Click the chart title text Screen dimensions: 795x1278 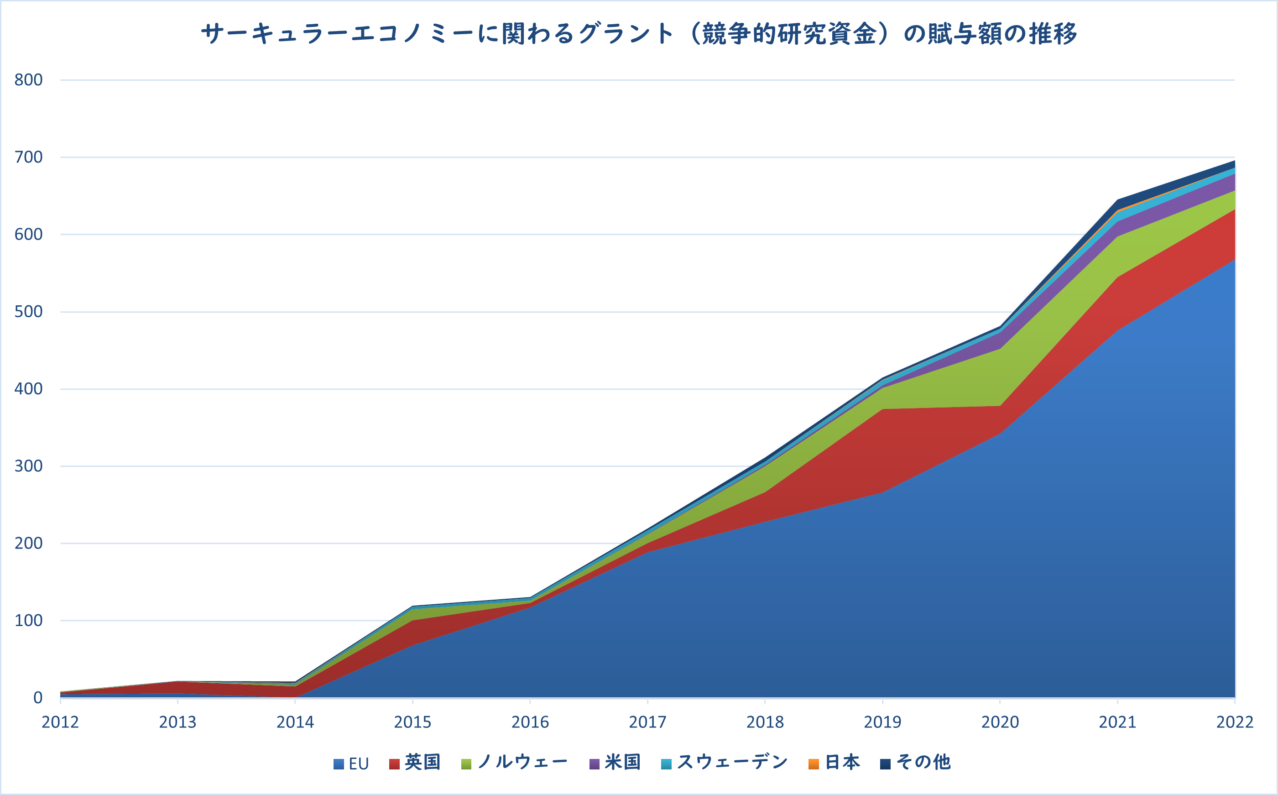tap(639, 34)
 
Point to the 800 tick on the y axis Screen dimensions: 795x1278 tap(28, 80)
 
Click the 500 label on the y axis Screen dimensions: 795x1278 tap(28, 311)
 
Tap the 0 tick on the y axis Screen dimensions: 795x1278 tap(38, 698)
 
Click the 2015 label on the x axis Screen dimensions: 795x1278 tap(412, 722)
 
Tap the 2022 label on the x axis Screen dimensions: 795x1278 tap(1234, 722)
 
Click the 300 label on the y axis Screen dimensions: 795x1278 tap(28, 466)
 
